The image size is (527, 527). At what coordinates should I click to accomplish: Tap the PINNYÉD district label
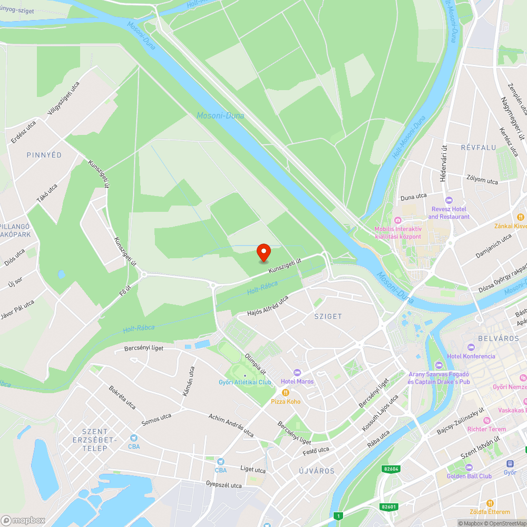point(44,155)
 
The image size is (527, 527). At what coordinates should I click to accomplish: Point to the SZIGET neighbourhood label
point(328,317)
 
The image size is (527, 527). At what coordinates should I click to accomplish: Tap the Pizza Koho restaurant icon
point(286,393)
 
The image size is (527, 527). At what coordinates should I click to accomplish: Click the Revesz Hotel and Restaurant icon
point(449,200)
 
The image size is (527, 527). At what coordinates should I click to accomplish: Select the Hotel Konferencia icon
point(471,347)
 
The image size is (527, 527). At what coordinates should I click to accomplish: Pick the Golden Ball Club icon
point(469,467)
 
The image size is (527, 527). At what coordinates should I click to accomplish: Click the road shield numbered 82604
point(392,469)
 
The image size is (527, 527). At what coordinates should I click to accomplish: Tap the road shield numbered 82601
point(388,507)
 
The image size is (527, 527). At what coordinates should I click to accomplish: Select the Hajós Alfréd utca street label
point(268,306)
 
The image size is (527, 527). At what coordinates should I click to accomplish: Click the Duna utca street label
point(413,197)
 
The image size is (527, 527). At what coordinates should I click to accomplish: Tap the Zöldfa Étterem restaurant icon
point(490,503)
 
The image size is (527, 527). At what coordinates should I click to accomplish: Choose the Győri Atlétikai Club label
point(245,382)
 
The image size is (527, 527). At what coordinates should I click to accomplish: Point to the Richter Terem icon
point(486,420)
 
